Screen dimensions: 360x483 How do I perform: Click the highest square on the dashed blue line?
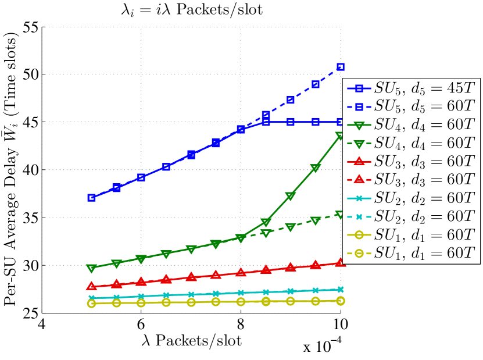pos(341,67)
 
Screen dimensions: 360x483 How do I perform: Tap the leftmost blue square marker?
pos(92,198)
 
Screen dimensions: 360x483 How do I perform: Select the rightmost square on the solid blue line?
pos(341,122)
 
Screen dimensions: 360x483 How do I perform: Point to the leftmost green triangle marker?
pos(92,269)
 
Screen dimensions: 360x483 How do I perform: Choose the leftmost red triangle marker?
pos(92,286)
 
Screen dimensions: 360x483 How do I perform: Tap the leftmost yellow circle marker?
pos(92,304)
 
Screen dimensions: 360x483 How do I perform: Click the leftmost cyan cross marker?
pos(92,298)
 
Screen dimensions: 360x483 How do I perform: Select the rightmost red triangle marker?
pos(341,263)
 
